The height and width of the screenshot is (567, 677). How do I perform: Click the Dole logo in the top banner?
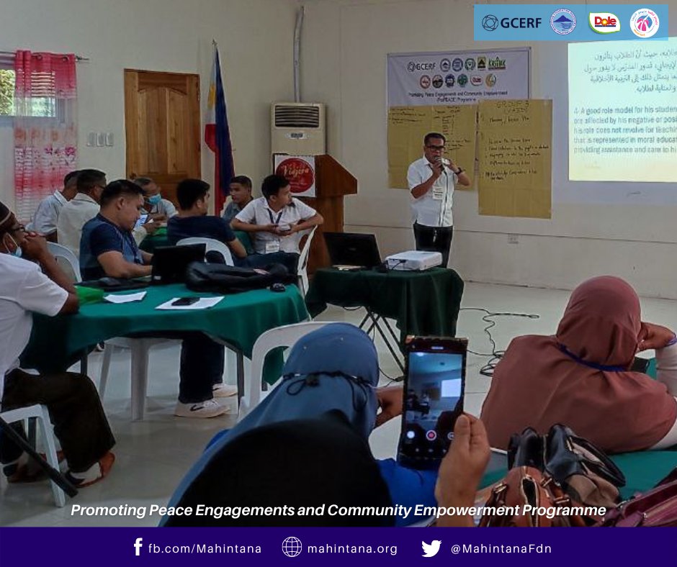click(x=604, y=22)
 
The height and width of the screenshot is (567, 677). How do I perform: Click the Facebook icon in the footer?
click(x=138, y=548)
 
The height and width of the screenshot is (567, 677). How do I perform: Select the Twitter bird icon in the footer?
click(x=431, y=548)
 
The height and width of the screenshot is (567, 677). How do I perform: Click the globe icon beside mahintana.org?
click(x=292, y=548)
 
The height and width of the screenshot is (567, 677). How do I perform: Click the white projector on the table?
click(x=413, y=260)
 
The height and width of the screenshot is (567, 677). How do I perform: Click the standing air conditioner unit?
click(x=297, y=129)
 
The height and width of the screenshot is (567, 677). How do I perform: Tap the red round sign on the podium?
click(x=295, y=174)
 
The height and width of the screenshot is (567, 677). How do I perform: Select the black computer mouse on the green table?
click(x=278, y=287)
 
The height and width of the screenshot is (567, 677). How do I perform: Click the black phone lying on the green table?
click(x=185, y=301)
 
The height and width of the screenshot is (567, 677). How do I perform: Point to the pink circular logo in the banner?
click(x=644, y=22)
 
